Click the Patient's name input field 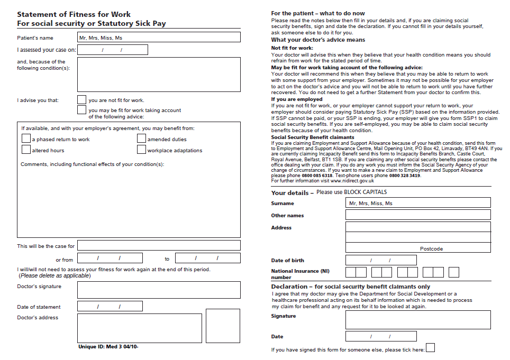[x=159, y=38]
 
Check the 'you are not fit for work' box [x=81, y=99]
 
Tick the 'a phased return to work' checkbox [x=26, y=139]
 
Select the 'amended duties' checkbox [x=141, y=139]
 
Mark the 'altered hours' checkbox [x=26, y=150]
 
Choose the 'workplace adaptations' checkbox [x=141, y=150]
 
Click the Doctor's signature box [x=159, y=290]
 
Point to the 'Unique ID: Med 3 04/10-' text [x=108, y=347]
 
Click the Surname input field [x=418, y=203]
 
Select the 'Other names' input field [x=418, y=215]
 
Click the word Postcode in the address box [x=431, y=248]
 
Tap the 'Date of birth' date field [x=381, y=261]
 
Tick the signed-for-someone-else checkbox [x=431, y=348]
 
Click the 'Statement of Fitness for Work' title [x=74, y=14]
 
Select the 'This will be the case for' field [x=159, y=246]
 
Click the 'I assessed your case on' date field [x=112, y=50]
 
